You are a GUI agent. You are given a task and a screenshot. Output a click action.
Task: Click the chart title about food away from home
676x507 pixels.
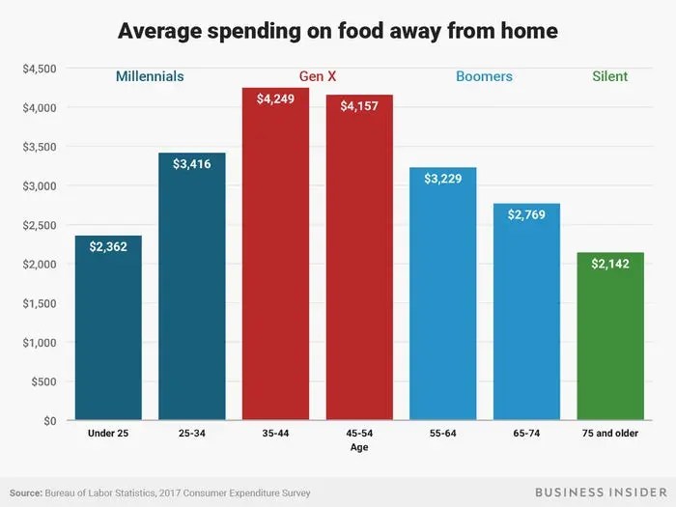pyautogui.click(x=338, y=32)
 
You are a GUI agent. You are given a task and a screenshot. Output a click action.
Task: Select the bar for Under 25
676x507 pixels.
pyautogui.click(x=108, y=328)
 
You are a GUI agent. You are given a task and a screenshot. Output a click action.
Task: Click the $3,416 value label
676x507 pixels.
pyautogui.click(x=191, y=164)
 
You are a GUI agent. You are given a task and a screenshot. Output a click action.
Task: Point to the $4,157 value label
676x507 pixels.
pyautogui.click(x=359, y=106)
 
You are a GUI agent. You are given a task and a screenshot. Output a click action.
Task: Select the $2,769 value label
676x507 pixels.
pyautogui.click(x=526, y=215)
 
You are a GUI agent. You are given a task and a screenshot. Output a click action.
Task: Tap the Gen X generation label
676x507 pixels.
pyautogui.click(x=318, y=76)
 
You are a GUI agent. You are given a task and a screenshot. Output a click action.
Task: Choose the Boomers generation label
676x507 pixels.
pyautogui.click(x=485, y=76)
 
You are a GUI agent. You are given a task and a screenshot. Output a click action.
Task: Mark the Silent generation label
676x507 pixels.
pyautogui.click(x=610, y=76)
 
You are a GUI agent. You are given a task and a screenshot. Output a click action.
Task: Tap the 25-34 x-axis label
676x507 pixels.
pyautogui.click(x=191, y=434)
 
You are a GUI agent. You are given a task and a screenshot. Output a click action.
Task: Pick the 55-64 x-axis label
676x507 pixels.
pyautogui.click(x=442, y=434)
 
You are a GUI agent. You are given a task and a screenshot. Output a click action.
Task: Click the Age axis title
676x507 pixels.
pyautogui.click(x=359, y=447)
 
